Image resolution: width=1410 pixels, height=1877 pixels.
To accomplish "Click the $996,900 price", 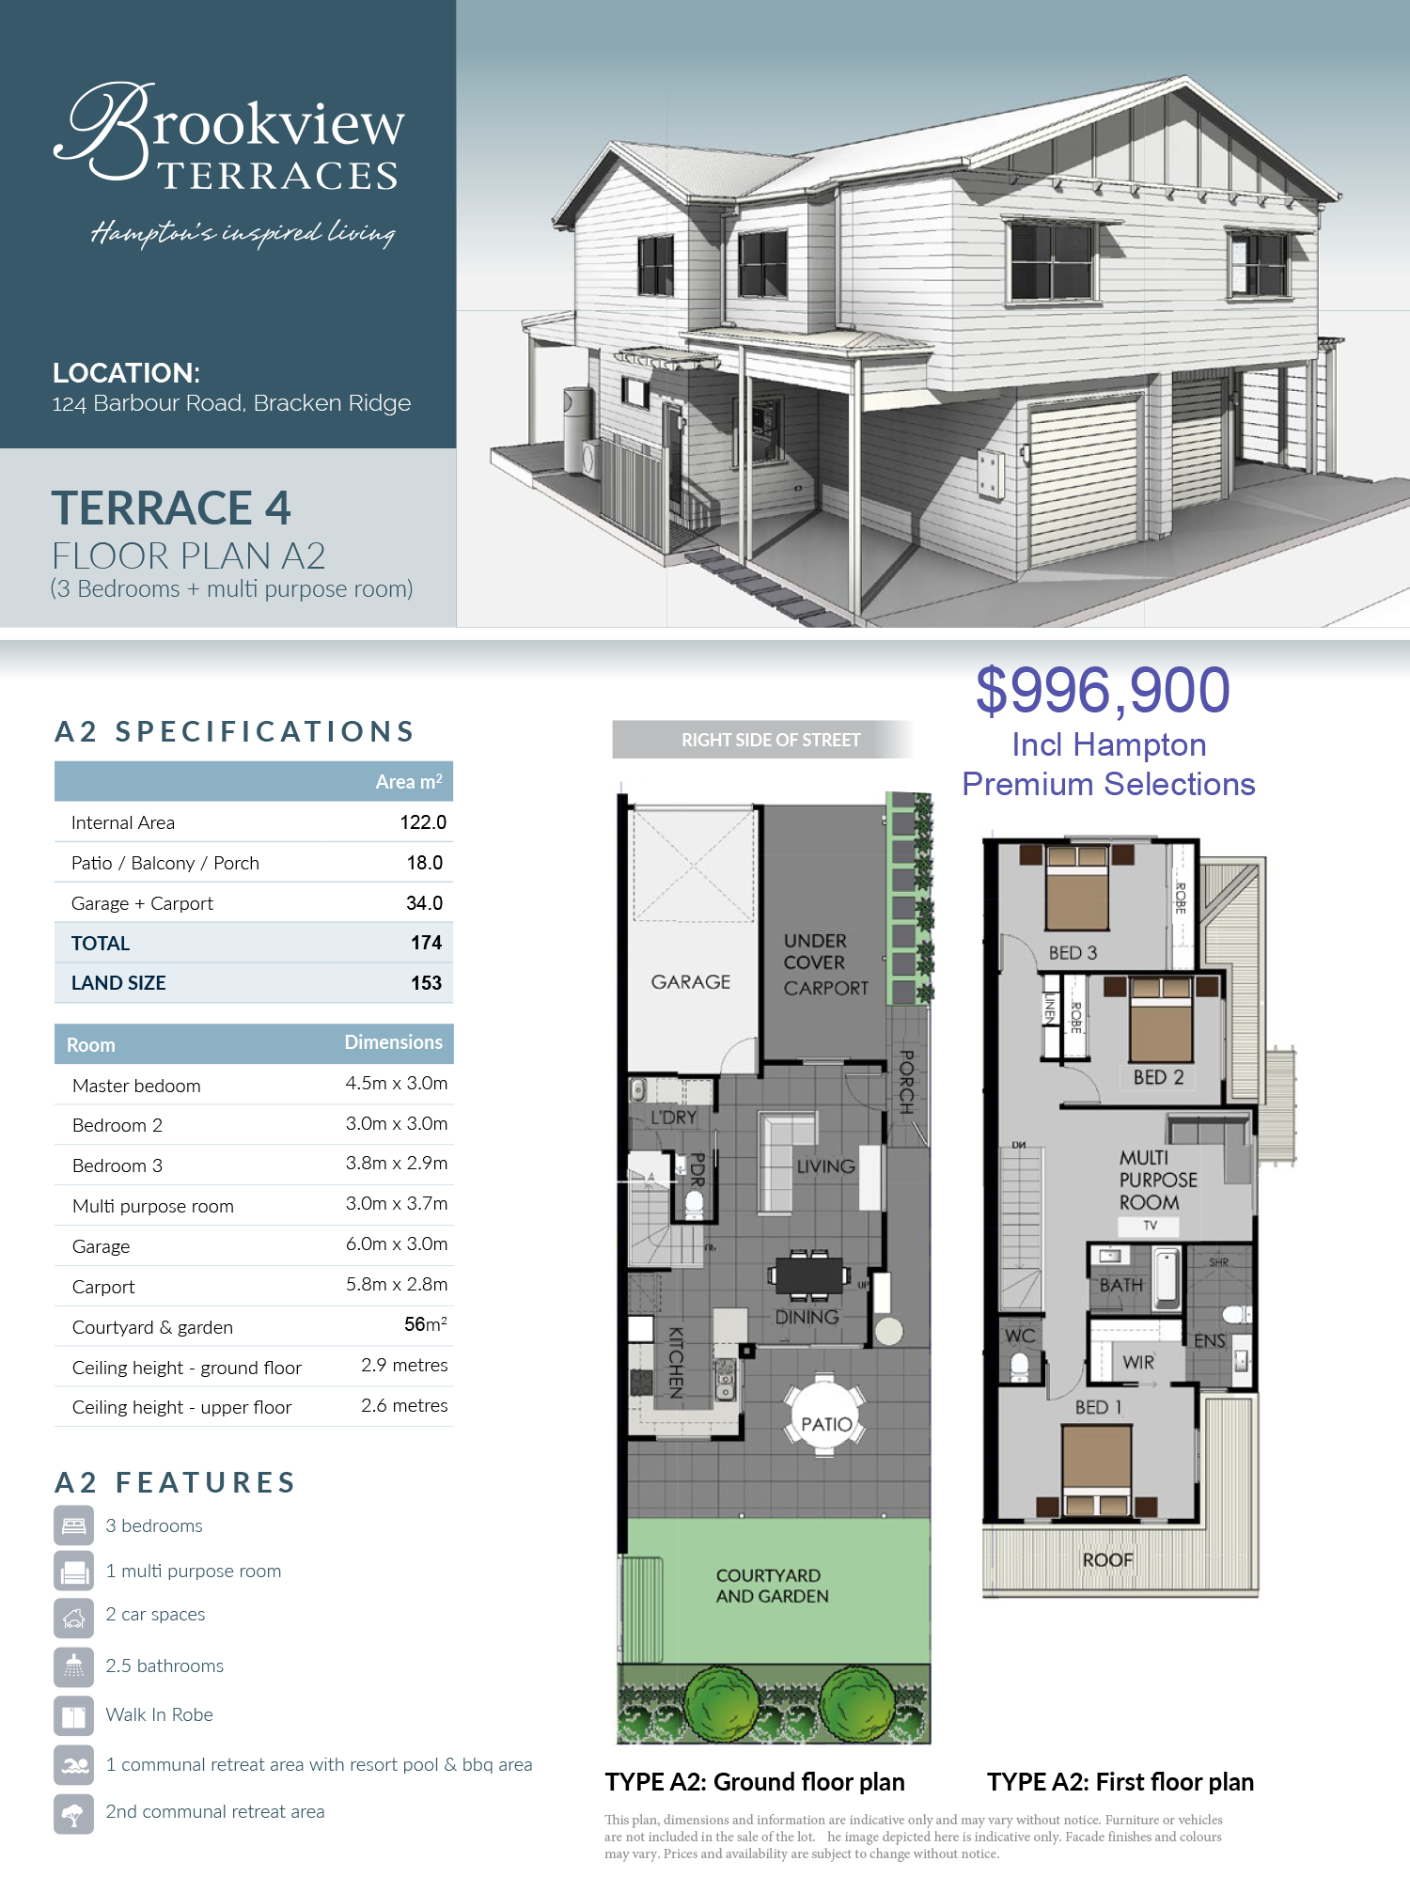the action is [x=1103, y=691].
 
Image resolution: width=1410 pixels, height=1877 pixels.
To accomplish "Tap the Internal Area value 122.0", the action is [x=423, y=822].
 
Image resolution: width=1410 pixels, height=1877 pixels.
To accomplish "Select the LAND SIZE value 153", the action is [x=426, y=983].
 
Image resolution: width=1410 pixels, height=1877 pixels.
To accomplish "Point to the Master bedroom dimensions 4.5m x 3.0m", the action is [x=397, y=1083].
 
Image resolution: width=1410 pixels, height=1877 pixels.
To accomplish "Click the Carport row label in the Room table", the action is [x=103, y=1287].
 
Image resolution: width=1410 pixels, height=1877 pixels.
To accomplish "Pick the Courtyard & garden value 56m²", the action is [x=426, y=1324].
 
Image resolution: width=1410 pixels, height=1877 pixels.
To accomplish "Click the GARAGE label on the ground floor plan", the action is [x=691, y=982].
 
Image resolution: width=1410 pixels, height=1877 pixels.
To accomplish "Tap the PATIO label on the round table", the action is [x=826, y=1424].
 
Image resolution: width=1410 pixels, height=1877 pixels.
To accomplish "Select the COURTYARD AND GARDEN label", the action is [x=772, y=1586].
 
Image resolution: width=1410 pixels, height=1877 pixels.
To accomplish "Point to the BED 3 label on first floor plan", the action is [x=1073, y=953].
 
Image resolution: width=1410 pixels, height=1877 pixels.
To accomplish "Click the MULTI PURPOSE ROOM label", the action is [x=1158, y=1180].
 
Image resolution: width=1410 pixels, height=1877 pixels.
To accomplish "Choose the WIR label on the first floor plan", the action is [x=1138, y=1362].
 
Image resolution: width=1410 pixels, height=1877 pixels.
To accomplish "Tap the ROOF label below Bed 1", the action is [x=1107, y=1560].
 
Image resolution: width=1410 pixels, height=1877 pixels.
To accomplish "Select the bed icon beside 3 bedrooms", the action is [x=73, y=1525].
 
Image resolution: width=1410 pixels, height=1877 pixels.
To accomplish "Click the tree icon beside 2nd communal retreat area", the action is [x=73, y=1814].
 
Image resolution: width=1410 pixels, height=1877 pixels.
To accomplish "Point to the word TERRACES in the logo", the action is [x=278, y=176].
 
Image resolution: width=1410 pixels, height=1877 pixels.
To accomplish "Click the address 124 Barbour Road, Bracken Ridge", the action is [x=231, y=403].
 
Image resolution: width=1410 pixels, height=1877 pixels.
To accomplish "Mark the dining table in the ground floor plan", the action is [x=807, y=1275].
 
